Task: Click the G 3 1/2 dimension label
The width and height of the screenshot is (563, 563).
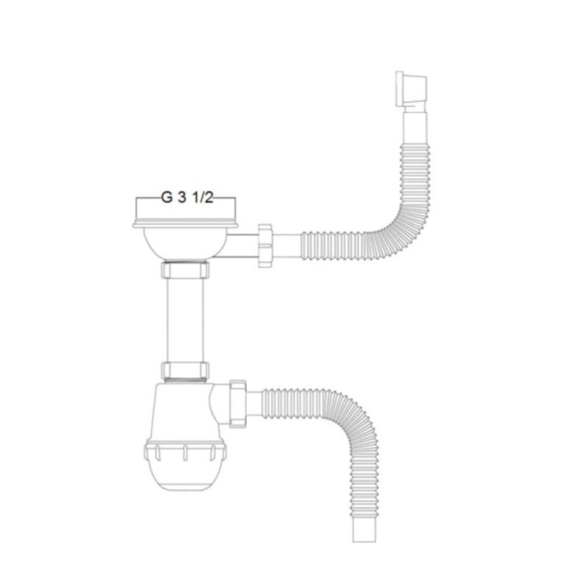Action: point(186,198)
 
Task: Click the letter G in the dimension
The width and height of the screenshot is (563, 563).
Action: point(167,198)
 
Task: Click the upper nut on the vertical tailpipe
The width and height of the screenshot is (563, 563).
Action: point(186,270)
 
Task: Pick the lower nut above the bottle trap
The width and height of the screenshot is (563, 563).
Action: point(186,370)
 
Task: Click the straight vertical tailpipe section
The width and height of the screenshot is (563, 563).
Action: point(186,320)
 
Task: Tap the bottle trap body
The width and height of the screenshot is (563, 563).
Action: point(184,412)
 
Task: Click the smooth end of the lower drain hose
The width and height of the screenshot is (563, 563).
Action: point(362,524)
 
